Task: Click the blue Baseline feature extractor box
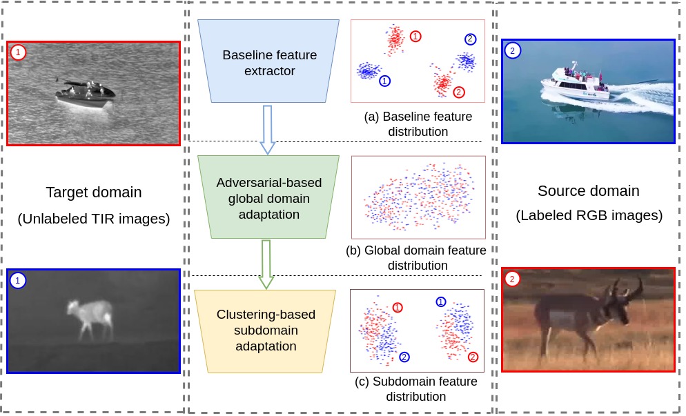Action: click(268, 62)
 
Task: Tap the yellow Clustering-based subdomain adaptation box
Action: click(265, 330)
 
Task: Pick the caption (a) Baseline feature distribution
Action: click(418, 123)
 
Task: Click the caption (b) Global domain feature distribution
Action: click(416, 257)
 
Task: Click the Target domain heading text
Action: click(93, 192)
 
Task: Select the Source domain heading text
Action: click(588, 190)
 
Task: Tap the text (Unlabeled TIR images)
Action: click(93, 219)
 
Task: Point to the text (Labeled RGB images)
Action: click(589, 215)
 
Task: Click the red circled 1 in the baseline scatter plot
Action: click(415, 36)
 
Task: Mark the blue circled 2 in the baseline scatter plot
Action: click(470, 39)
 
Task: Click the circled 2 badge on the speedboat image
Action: click(511, 50)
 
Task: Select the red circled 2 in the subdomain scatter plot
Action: click(473, 357)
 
